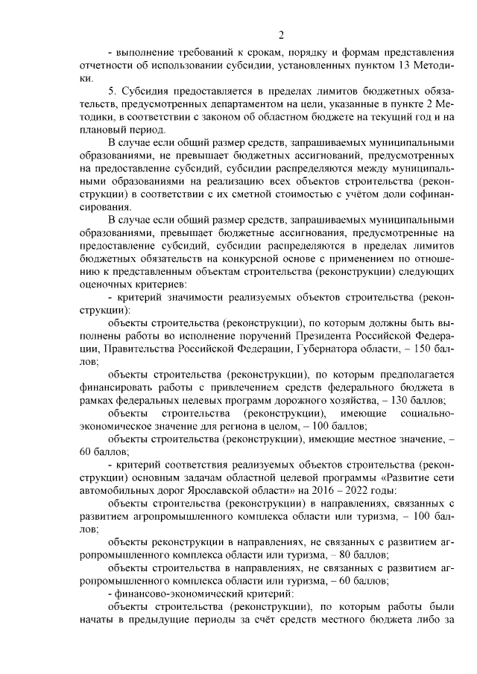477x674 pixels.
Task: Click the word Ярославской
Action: pyautogui.click(x=184, y=490)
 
